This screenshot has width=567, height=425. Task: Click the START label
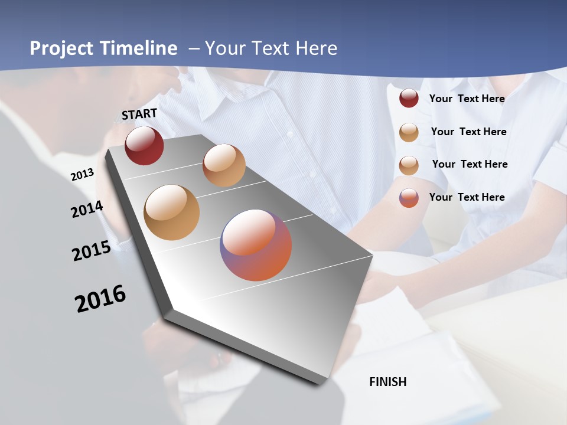(139, 114)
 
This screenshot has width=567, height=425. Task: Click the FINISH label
(388, 382)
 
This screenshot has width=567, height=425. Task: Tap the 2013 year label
(82, 174)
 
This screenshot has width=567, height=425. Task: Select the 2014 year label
(87, 210)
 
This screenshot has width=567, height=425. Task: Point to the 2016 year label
(100, 299)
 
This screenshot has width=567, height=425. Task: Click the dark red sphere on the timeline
(144, 145)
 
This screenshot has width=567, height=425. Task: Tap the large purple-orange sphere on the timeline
(256, 245)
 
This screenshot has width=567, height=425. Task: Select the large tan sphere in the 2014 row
(172, 212)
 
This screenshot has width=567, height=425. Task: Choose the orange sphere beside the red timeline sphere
(224, 165)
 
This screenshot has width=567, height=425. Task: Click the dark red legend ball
(409, 99)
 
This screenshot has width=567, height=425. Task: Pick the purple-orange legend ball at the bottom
(409, 198)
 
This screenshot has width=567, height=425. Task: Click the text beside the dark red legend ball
(467, 99)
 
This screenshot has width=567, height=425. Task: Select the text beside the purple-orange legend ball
(467, 197)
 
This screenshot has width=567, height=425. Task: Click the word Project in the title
(62, 48)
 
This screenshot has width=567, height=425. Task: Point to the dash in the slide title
(194, 48)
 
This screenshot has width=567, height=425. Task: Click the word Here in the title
(316, 48)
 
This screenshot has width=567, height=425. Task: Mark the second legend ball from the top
(409, 132)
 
